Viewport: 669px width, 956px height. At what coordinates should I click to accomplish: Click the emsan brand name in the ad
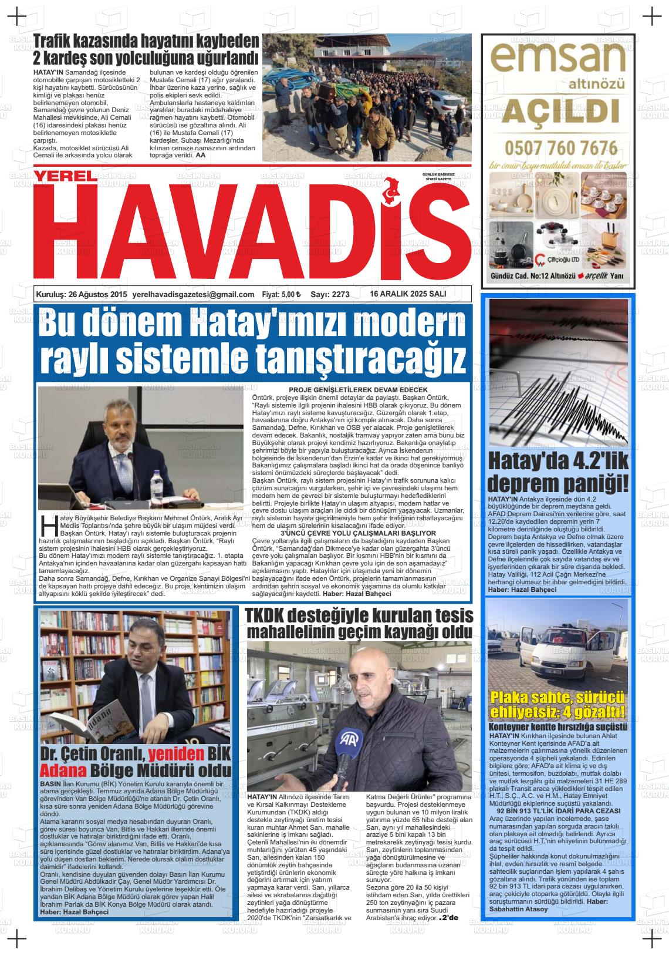pyautogui.click(x=557, y=59)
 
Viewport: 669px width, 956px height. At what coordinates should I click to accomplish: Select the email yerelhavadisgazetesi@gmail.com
pyautogui.click(x=193, y=294)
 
